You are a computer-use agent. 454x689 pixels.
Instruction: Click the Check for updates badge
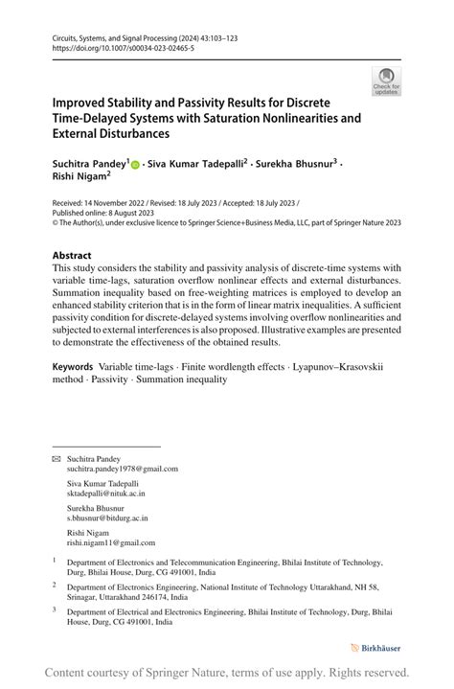pos(387,81)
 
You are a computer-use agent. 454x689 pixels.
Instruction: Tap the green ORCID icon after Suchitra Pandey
pos(135,165)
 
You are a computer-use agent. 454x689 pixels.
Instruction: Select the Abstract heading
pos(72,256)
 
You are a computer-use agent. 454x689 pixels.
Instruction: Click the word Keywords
pos(74,366)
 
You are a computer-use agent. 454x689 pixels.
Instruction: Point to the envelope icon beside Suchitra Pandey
pos(56,459)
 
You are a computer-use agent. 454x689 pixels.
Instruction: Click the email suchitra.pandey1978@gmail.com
pos(122,470)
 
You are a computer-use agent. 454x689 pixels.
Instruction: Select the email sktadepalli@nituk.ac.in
pos(105,494)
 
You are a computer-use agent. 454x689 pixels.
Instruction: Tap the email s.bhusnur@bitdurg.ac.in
pos(107,518)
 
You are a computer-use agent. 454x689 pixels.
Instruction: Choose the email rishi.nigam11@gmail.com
pos(110,542)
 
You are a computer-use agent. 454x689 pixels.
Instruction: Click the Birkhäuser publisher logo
pos(375,649)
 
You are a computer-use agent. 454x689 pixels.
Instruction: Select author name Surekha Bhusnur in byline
pos(292,164)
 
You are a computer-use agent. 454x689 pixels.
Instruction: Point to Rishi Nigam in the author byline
pos(79,176)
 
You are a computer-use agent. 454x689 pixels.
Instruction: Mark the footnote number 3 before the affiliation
pos(55,609)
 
